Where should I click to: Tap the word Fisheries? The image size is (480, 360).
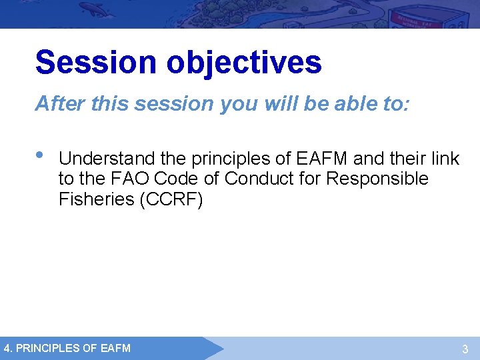click(95, 199)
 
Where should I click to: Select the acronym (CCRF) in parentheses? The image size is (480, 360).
click(170, 199)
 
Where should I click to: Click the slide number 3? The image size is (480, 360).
click(465, 349)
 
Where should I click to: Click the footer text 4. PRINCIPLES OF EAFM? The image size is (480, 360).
click(67, 348)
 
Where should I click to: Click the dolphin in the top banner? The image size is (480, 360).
click(111, 9)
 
